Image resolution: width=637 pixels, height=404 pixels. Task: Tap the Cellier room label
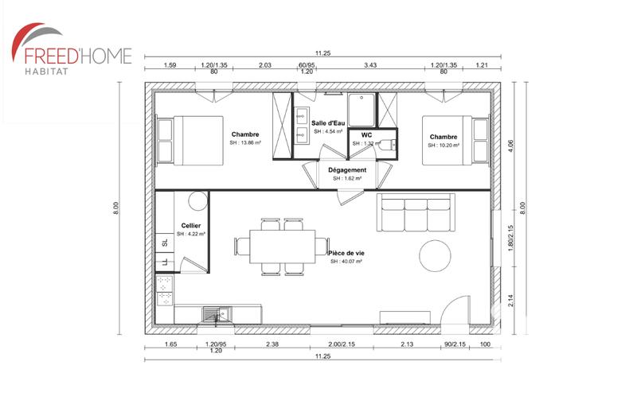[191, 227]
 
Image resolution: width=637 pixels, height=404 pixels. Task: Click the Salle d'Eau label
[328, 123]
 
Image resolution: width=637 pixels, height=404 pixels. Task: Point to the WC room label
[367, 135]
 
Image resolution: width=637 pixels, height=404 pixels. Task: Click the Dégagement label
[347, 170]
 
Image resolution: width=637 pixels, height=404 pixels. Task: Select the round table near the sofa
[438, 254]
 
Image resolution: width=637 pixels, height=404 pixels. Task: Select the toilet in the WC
[387, 146]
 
